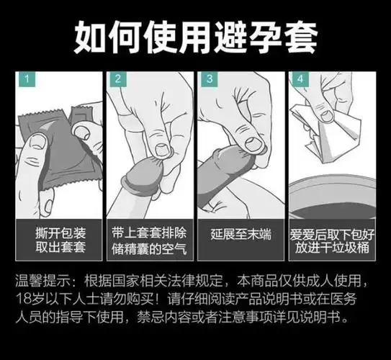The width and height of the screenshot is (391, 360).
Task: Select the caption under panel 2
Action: [x=150, y=241]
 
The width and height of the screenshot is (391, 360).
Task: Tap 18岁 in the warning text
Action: [x=30, y=298]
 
